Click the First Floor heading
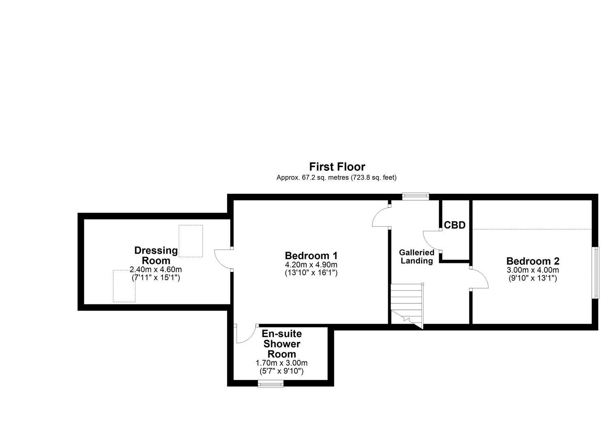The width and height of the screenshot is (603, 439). (x=337, y=167)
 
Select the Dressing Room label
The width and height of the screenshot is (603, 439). (x=156, y=255)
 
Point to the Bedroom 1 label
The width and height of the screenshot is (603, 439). (x=311, y=256)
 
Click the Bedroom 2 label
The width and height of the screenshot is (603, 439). (x=532, y=261)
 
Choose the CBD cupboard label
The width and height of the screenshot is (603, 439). (x=454, y=225)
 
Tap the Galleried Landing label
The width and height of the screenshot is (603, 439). (x=416, y=257)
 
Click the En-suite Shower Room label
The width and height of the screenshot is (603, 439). (x=281, y=344)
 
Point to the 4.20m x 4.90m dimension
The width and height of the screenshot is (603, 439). (x=311, y=265)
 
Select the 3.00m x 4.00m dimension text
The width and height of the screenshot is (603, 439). (x=532, y=270)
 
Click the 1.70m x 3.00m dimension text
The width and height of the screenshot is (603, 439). (x=281, y=363)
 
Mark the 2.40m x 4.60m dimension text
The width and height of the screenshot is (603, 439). (x=156, y=269)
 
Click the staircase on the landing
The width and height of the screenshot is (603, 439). (x=406, y=305)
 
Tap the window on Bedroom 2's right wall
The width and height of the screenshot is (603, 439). (x=596, y=272)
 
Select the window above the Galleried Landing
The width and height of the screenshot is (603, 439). (x=415, y=196)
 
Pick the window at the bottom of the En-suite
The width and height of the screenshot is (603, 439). (x=271, y=383)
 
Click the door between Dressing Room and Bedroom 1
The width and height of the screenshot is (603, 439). (x=223, y=259)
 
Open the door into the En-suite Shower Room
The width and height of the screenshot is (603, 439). (x=245, y=334)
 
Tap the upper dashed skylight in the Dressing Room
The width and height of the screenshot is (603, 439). (x=190, y=241)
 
